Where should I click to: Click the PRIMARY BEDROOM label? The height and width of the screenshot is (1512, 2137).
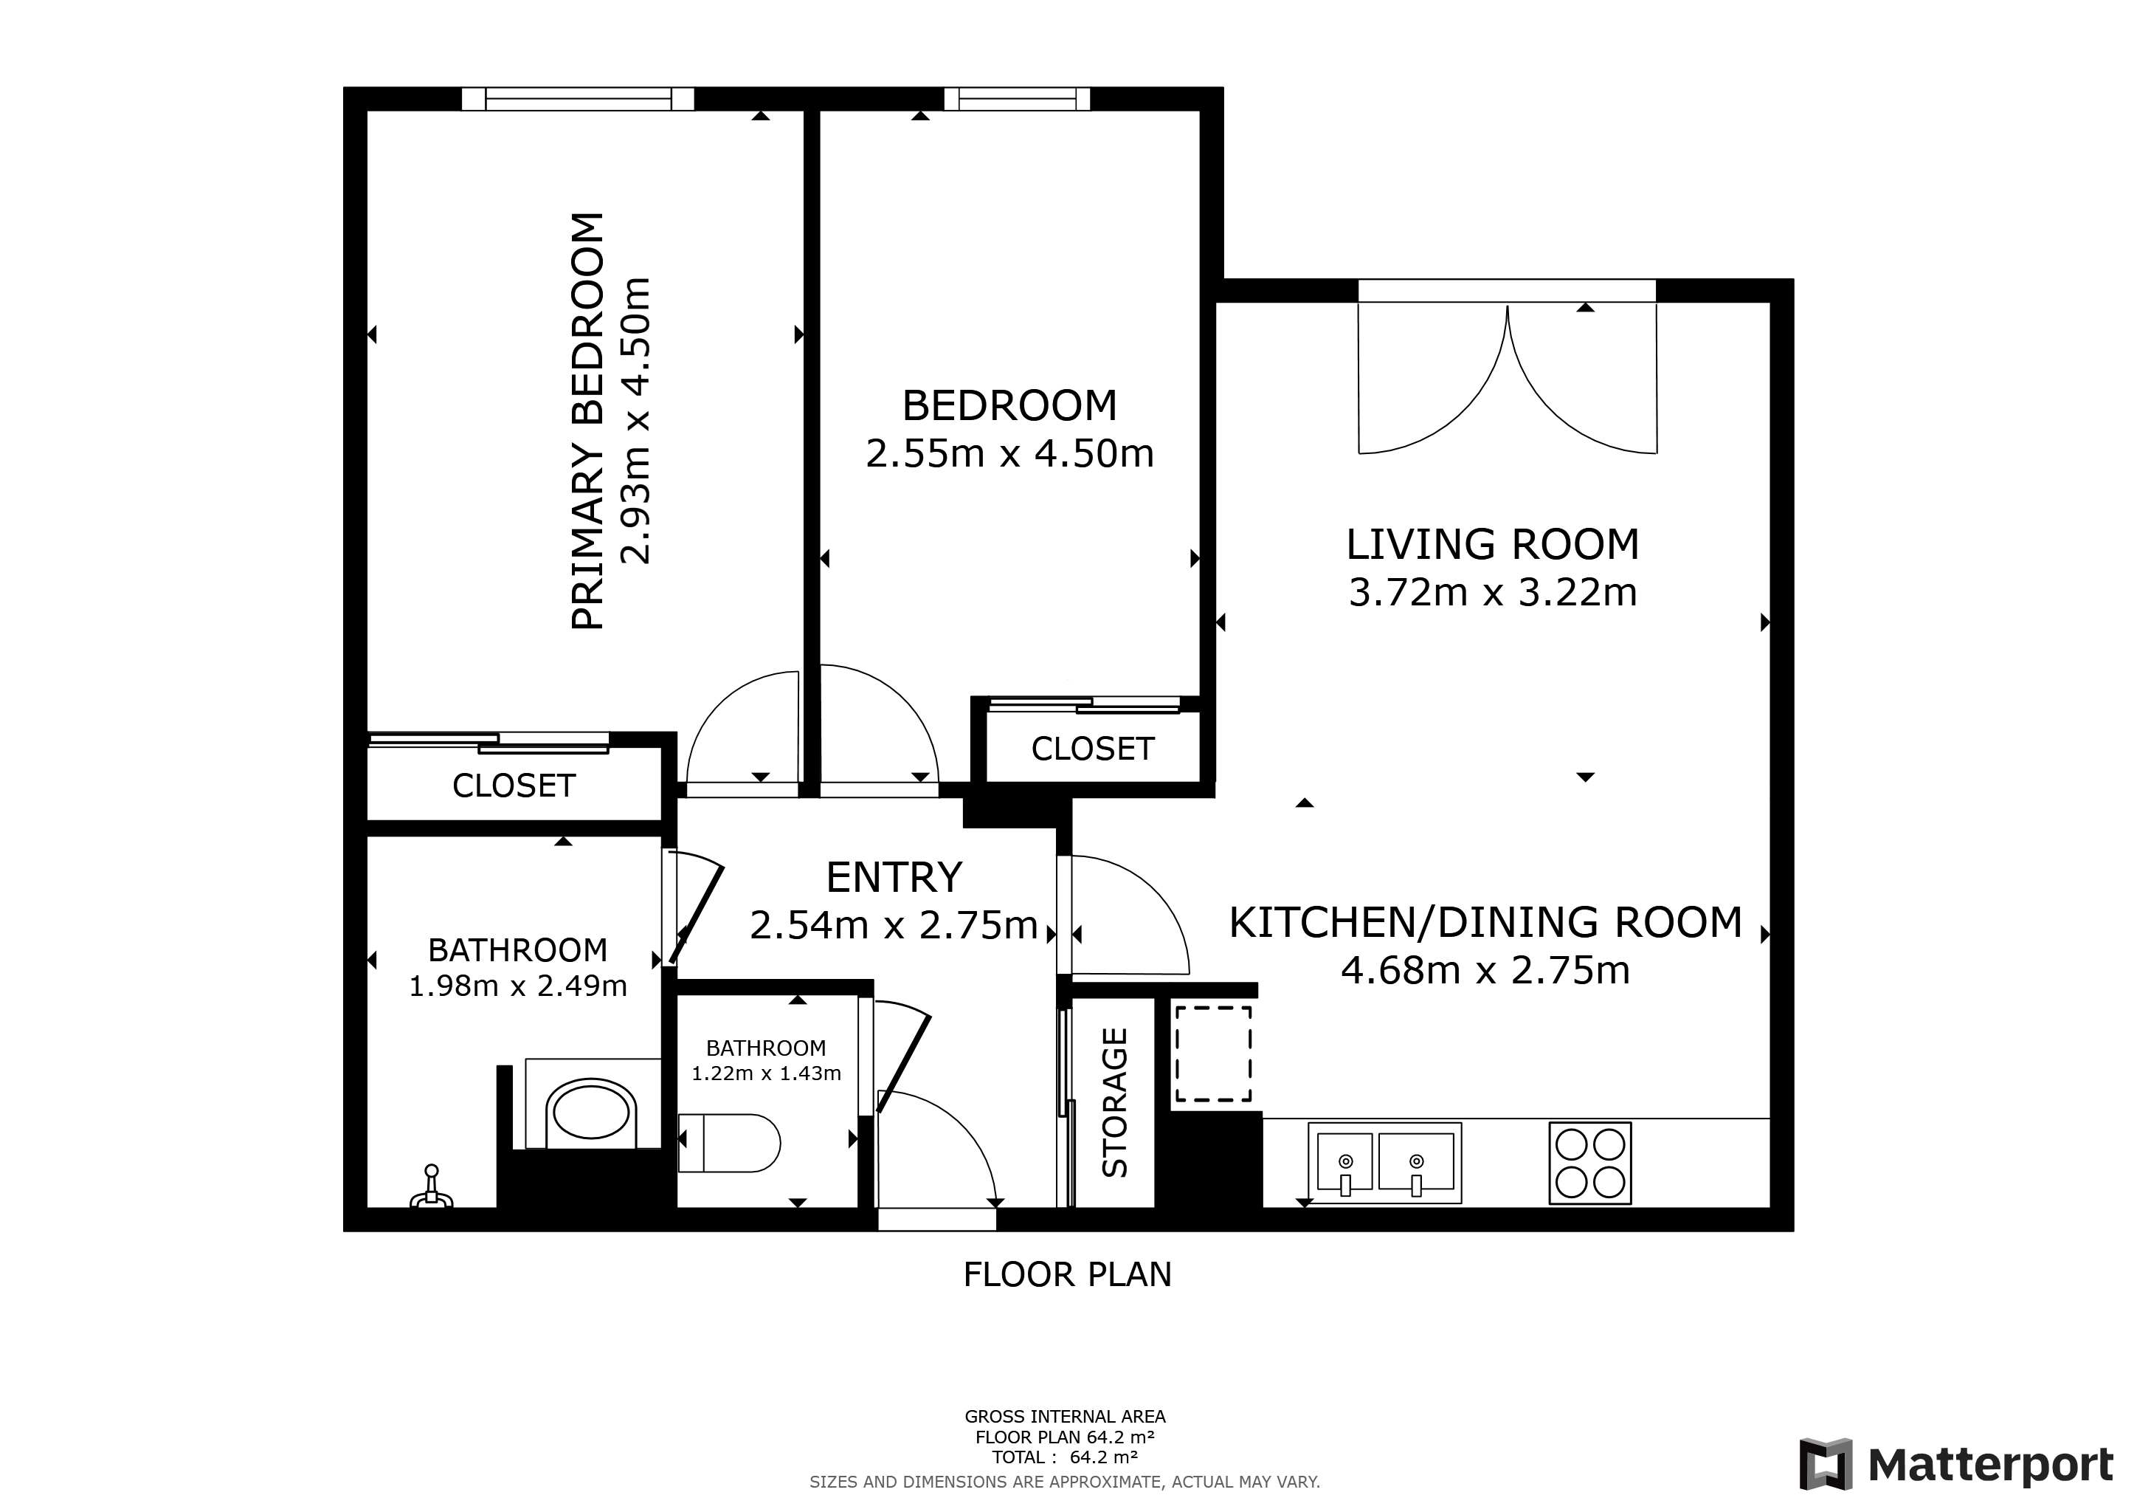[x=588, y=421]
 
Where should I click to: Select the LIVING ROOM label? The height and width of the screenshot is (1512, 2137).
[x=1492, y=545]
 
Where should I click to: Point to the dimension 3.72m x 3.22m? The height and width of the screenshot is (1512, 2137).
[x=1492, y=593]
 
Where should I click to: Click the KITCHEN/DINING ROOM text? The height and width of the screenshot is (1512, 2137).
[x=1485, y=923]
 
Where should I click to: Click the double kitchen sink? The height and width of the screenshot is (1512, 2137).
[x=1384, y=1162]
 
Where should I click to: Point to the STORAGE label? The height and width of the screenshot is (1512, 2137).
[x=1114, y=1102]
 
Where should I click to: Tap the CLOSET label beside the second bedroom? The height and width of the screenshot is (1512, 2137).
[x=1093, y=749]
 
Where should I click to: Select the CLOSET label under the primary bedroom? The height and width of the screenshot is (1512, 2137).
[x=514, y=786]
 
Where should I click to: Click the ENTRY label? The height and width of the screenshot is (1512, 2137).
[x=894, y=877]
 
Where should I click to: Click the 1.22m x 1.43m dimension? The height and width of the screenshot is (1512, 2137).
[x=766, y=1073]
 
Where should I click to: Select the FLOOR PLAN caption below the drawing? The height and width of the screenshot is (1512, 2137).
[x=1066, y=1274]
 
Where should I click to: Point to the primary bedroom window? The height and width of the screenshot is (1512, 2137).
[x=578, y=99]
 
